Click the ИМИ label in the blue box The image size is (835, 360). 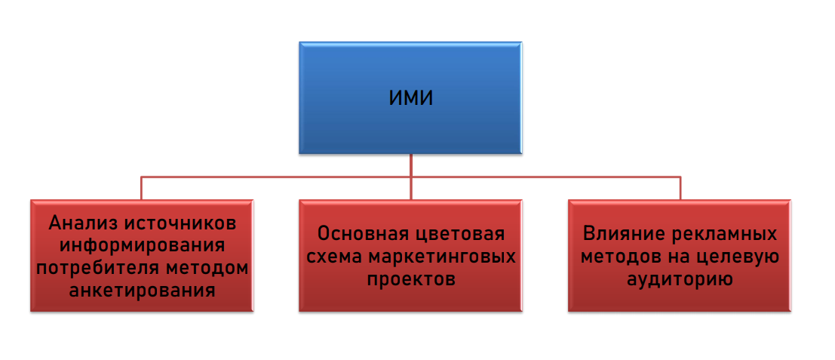410,97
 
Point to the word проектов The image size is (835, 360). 411,278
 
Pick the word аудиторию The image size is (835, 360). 680,278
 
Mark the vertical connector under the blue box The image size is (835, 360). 411,166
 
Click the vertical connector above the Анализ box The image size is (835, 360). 142,188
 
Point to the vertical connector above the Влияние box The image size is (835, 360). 680,188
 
